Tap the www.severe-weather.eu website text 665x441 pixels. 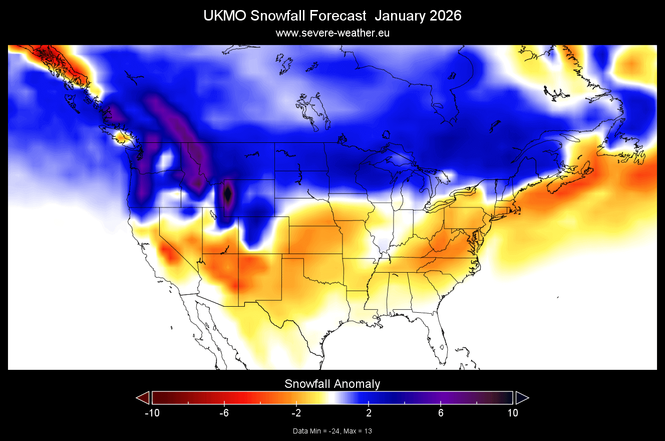point(332,33)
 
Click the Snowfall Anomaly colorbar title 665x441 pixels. point(332,384)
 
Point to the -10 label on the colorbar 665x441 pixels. point(152,413)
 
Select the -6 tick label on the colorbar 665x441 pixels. point(224,413)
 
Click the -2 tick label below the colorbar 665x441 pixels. point(296,413)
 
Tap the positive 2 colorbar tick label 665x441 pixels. point(369,413)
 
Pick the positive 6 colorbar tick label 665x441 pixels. point(441,413)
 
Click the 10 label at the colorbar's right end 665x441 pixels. point(512,413)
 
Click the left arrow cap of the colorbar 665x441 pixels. point(143,397)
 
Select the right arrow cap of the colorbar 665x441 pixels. point(522,397)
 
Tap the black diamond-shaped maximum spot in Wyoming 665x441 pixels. point(228,193)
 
